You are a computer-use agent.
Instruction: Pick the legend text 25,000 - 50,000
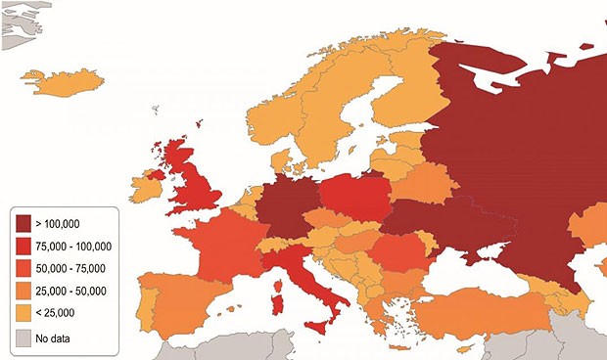click(74, 292)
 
